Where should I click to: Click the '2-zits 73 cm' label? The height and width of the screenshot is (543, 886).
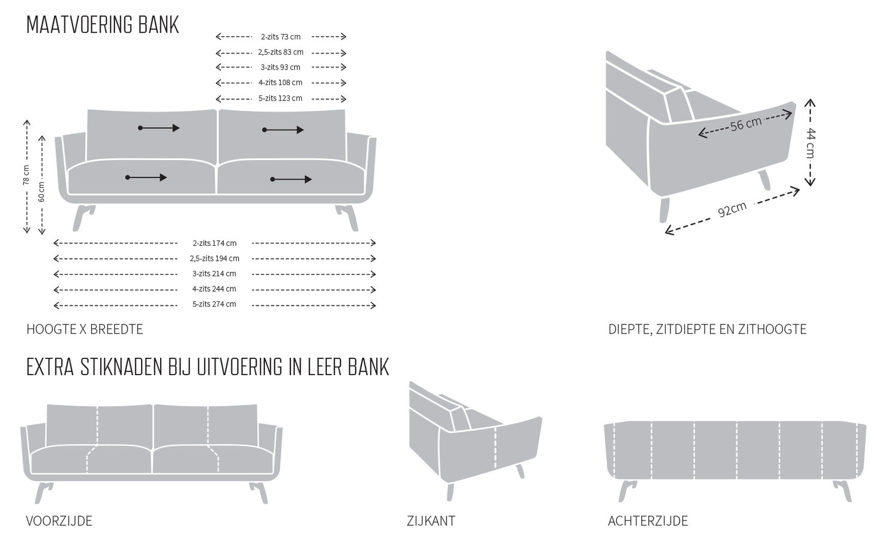point(280,37)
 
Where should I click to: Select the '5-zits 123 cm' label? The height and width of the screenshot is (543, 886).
point(280,98)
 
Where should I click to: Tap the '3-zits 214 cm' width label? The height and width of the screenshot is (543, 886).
point(214,274)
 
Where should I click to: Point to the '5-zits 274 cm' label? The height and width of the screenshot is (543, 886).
point(214,304)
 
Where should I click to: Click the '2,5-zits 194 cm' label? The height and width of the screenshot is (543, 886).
point(214,258)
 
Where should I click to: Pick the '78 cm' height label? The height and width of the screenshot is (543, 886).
point(26,175)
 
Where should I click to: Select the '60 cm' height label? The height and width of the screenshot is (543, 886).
point(41,192)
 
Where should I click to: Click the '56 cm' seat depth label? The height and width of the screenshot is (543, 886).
point(745,124)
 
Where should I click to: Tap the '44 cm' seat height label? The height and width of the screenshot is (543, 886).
point(810,143)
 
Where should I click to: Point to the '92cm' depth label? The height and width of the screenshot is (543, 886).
point(732,209)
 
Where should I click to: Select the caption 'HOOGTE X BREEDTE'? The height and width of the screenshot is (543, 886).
point(85,329)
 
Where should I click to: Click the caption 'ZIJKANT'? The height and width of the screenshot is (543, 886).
point(430,521)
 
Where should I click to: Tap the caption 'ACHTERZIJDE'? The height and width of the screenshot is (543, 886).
point(648,521)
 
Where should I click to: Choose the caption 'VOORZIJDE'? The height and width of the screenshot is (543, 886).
point(59,521)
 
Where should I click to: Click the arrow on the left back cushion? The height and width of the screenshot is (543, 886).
point(158,128)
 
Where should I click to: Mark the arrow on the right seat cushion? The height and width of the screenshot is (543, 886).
point(291,179)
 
